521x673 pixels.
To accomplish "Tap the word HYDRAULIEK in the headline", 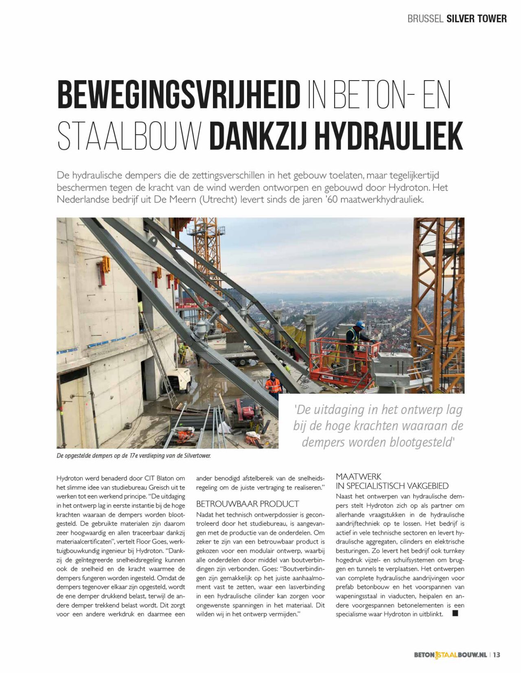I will (x=389, y=136).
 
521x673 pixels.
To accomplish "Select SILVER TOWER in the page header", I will (x=476, y=18).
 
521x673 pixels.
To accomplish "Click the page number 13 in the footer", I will (x=497, y=655).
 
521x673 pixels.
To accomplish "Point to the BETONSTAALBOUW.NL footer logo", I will (x=450, y=655).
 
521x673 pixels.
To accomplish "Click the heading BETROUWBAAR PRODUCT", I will (x=247, y=504).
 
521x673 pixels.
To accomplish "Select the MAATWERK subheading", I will (x=359, y=476).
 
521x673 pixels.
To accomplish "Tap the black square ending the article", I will (x=455, y=613).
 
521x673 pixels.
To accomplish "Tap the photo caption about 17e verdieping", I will (x=134, y=456).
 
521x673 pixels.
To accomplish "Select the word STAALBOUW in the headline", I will (x=129, y=136).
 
